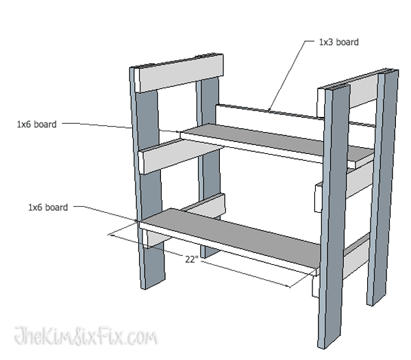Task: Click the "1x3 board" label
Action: [x=338, y=42]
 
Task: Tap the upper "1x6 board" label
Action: [x=37, y=125]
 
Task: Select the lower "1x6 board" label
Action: [x=48, y=207]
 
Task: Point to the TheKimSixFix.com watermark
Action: [x=86, y=337]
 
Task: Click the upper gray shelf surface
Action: [x=274, y=144]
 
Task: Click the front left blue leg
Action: [x=149, y=205]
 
